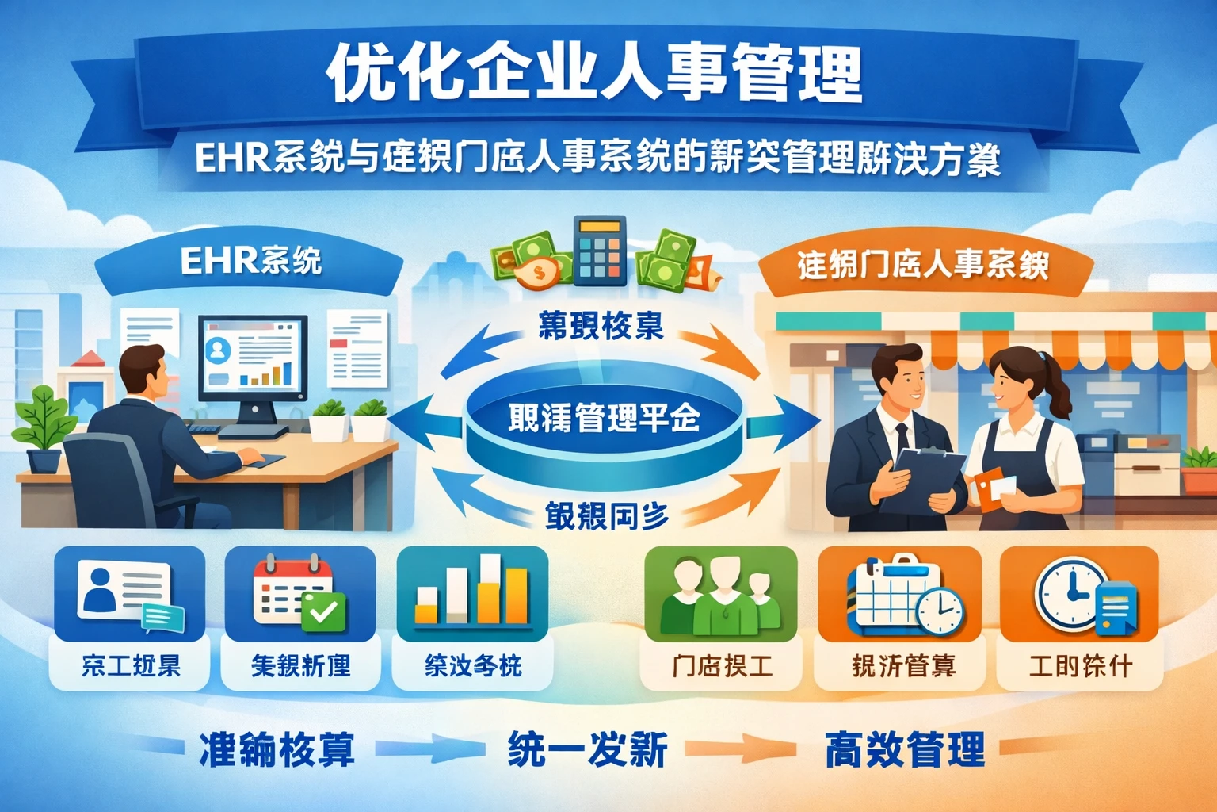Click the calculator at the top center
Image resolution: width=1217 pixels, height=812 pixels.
pyautogui.click(x=599, y=251)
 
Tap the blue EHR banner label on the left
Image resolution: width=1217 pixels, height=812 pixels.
pyautogui.click(x=250, y=262)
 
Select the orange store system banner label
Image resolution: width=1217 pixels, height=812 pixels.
pyautogui.click(x=922, y=265)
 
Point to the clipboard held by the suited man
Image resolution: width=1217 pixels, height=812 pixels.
pyautogui.click(x=923, y=480)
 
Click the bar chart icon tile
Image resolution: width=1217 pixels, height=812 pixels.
pyautogui.click(x=472, y=593)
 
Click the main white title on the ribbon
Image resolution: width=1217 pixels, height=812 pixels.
pyautogui.click(x=594, y=75)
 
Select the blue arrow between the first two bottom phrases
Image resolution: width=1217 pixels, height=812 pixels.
pyautogui.click(x=432, y=749)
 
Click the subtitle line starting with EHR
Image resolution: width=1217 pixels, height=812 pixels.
pyautogui.click(x=597, y=159)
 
